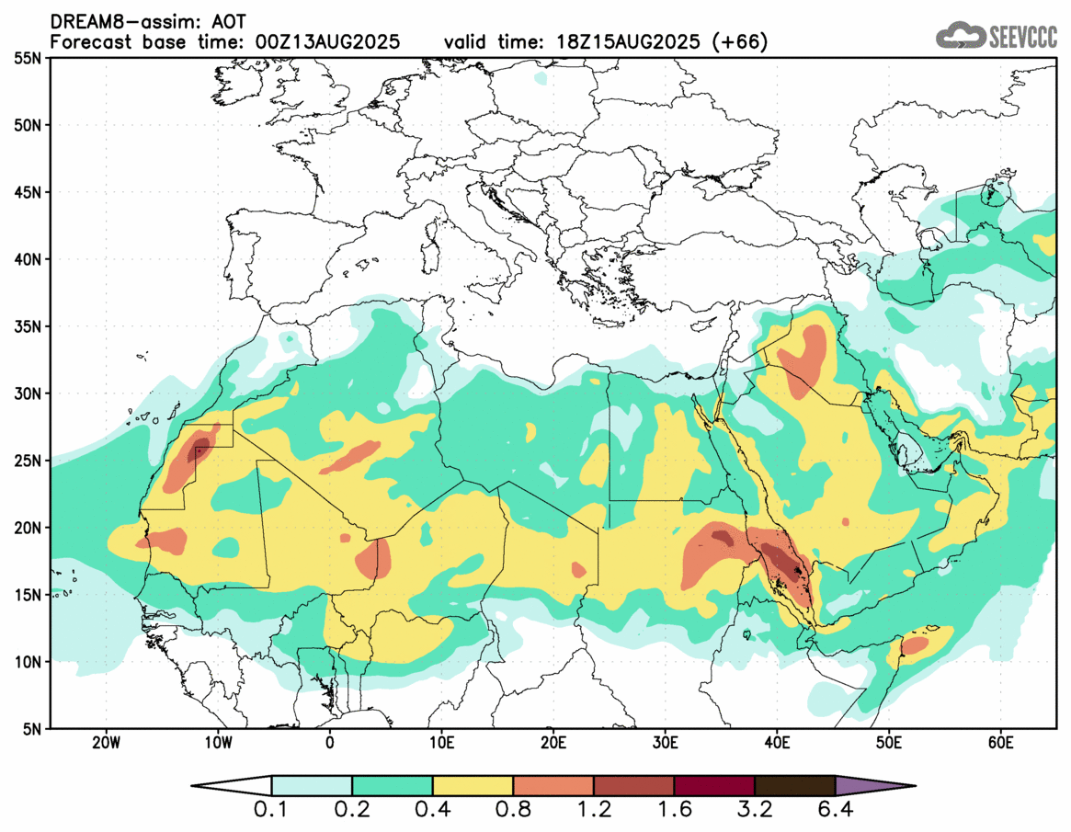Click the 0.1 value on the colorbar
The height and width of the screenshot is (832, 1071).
(271, 811)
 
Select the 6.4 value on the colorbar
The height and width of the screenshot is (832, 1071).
(835, 811)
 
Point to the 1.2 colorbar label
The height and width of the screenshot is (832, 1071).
(594, 811)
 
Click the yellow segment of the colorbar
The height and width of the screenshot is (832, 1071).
(473, 786)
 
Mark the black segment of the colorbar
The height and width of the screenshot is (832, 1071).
(794, 786)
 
